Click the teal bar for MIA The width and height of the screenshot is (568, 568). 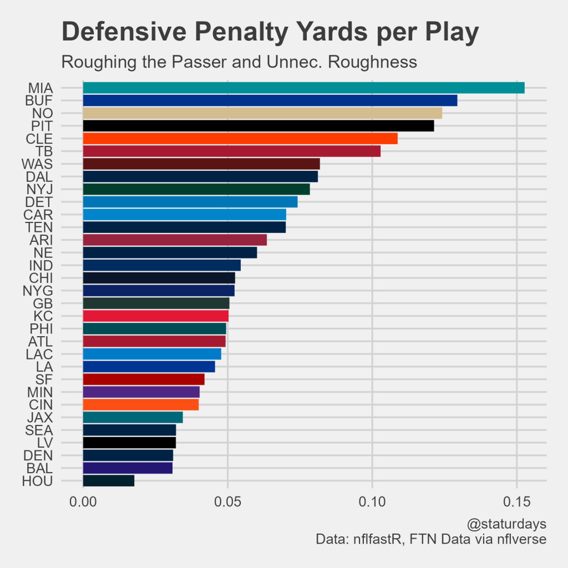pyautogui.click(x=303, y=88)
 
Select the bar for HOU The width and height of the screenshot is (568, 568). pyautogui.click(x=109, y=481)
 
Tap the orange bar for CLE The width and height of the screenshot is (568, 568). pyautogui.click(x=240, y=138)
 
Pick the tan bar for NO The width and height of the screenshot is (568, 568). pyautogui.click(x=262, y=113)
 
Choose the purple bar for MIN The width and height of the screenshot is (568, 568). pyautogui.click(x=141, y=392)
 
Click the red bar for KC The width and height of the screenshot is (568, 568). pyautogui.click(x=155, y=316)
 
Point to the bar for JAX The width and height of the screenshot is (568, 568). pyautogui.click(x=133, y=417)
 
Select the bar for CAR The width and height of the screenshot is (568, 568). pyautogui.click(x=184, y=214)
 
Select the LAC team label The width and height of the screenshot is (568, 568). pyautogui.click(x=39, y=354)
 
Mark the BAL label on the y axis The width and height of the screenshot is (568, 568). pyautogui.click(x=39, y=468)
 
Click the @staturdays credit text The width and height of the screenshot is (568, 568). pyautogui.click(x=507, y=524)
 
